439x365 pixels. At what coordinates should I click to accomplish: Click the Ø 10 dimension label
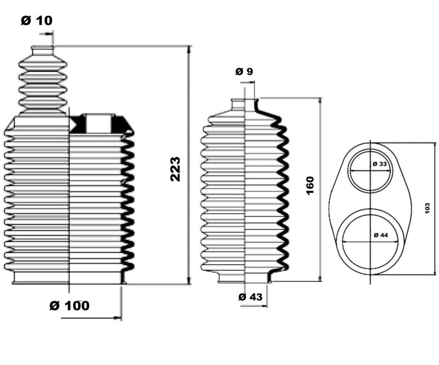pos(37,20)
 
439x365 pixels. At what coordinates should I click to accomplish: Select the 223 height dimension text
pos(175,169)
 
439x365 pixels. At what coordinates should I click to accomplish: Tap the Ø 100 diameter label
pos(70,306)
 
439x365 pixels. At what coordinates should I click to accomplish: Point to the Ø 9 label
pos(244,71)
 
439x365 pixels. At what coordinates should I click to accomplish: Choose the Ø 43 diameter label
pos(251,296)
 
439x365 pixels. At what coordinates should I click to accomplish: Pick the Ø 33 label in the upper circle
pos(380,164)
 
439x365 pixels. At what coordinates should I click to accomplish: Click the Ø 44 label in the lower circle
pos(381,235)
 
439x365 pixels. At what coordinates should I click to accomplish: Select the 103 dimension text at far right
pos(427,208)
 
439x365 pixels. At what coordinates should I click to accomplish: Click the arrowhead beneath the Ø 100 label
pos(118,318)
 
